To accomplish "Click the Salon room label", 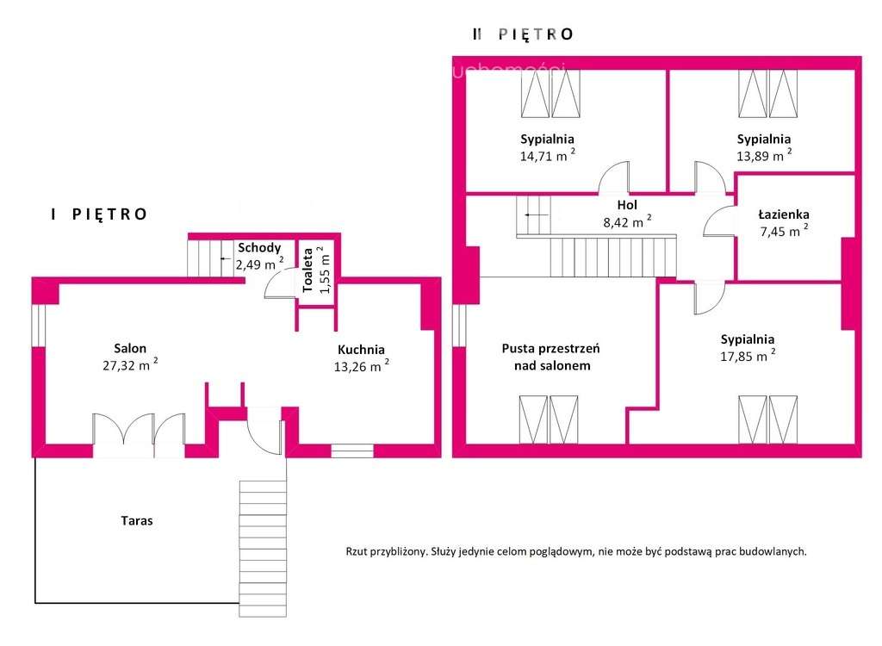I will coord(130,349).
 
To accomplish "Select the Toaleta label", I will coord(306,270).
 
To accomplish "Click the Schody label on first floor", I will coord(259,248).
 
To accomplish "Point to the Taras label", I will coord(136,521).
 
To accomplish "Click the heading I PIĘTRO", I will coord(98,214).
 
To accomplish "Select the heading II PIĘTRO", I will coord(522,34).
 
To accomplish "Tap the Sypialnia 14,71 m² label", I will coord(547,139).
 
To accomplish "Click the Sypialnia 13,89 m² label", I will coord(764,139).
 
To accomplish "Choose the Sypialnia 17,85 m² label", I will coord(748,339).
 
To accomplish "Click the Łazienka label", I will coord(783,214).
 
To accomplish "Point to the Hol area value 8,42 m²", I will coord(626,221).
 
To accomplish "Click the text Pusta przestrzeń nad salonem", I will coord(550,357).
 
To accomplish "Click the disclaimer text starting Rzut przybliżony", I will coord(575,552).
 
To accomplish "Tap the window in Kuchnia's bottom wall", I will coord(351,450).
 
